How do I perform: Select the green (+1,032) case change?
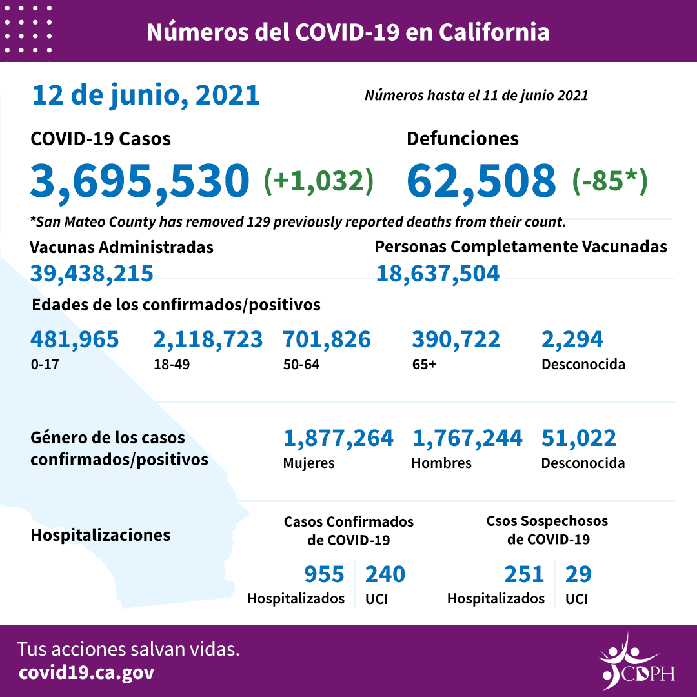coord(319,181)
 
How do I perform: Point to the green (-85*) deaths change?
coord(610,181)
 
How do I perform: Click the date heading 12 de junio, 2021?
coord(146,96)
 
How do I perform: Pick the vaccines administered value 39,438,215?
coord(92,274)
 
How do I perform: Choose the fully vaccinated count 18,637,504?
coord(438,274)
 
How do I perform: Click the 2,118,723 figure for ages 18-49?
coord(208,339)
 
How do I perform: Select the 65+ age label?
coord(424,364)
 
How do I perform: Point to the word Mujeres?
coord(309,463)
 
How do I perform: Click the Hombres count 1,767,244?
coord(467,439)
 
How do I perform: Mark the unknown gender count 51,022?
coord(579,439)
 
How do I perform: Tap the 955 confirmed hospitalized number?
coord(324,574)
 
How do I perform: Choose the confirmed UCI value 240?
coord(385,574)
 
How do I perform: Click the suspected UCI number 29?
coord(578,574)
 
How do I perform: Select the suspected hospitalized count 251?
coord(524,574)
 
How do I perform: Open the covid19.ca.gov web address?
coord(86,672)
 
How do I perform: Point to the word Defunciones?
coord(462,138)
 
